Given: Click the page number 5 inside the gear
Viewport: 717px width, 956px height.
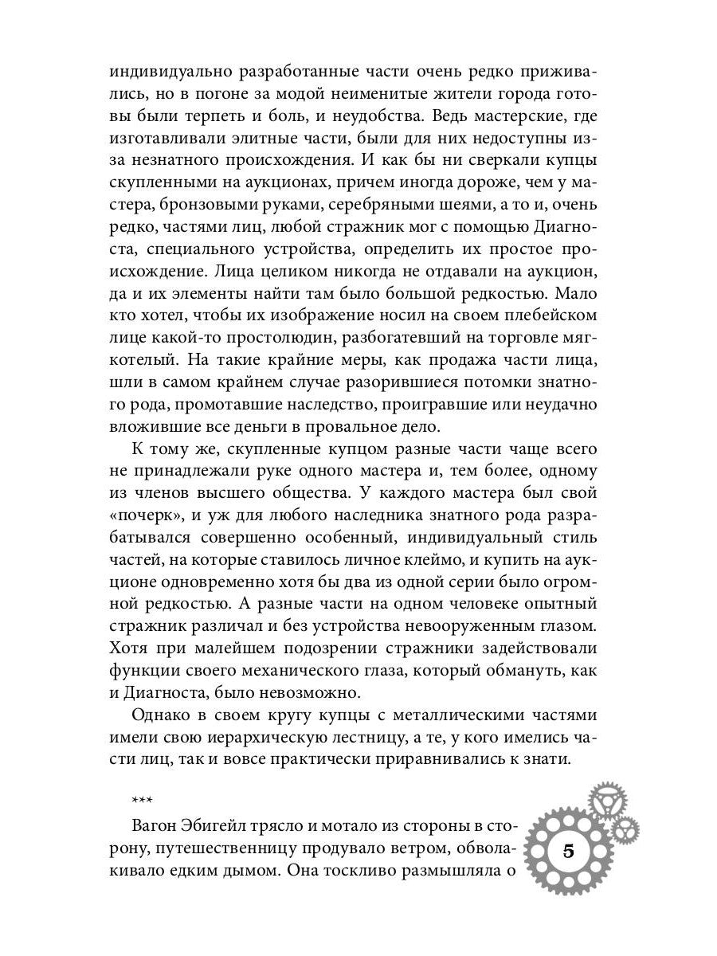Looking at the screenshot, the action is (x=568, y=849).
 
